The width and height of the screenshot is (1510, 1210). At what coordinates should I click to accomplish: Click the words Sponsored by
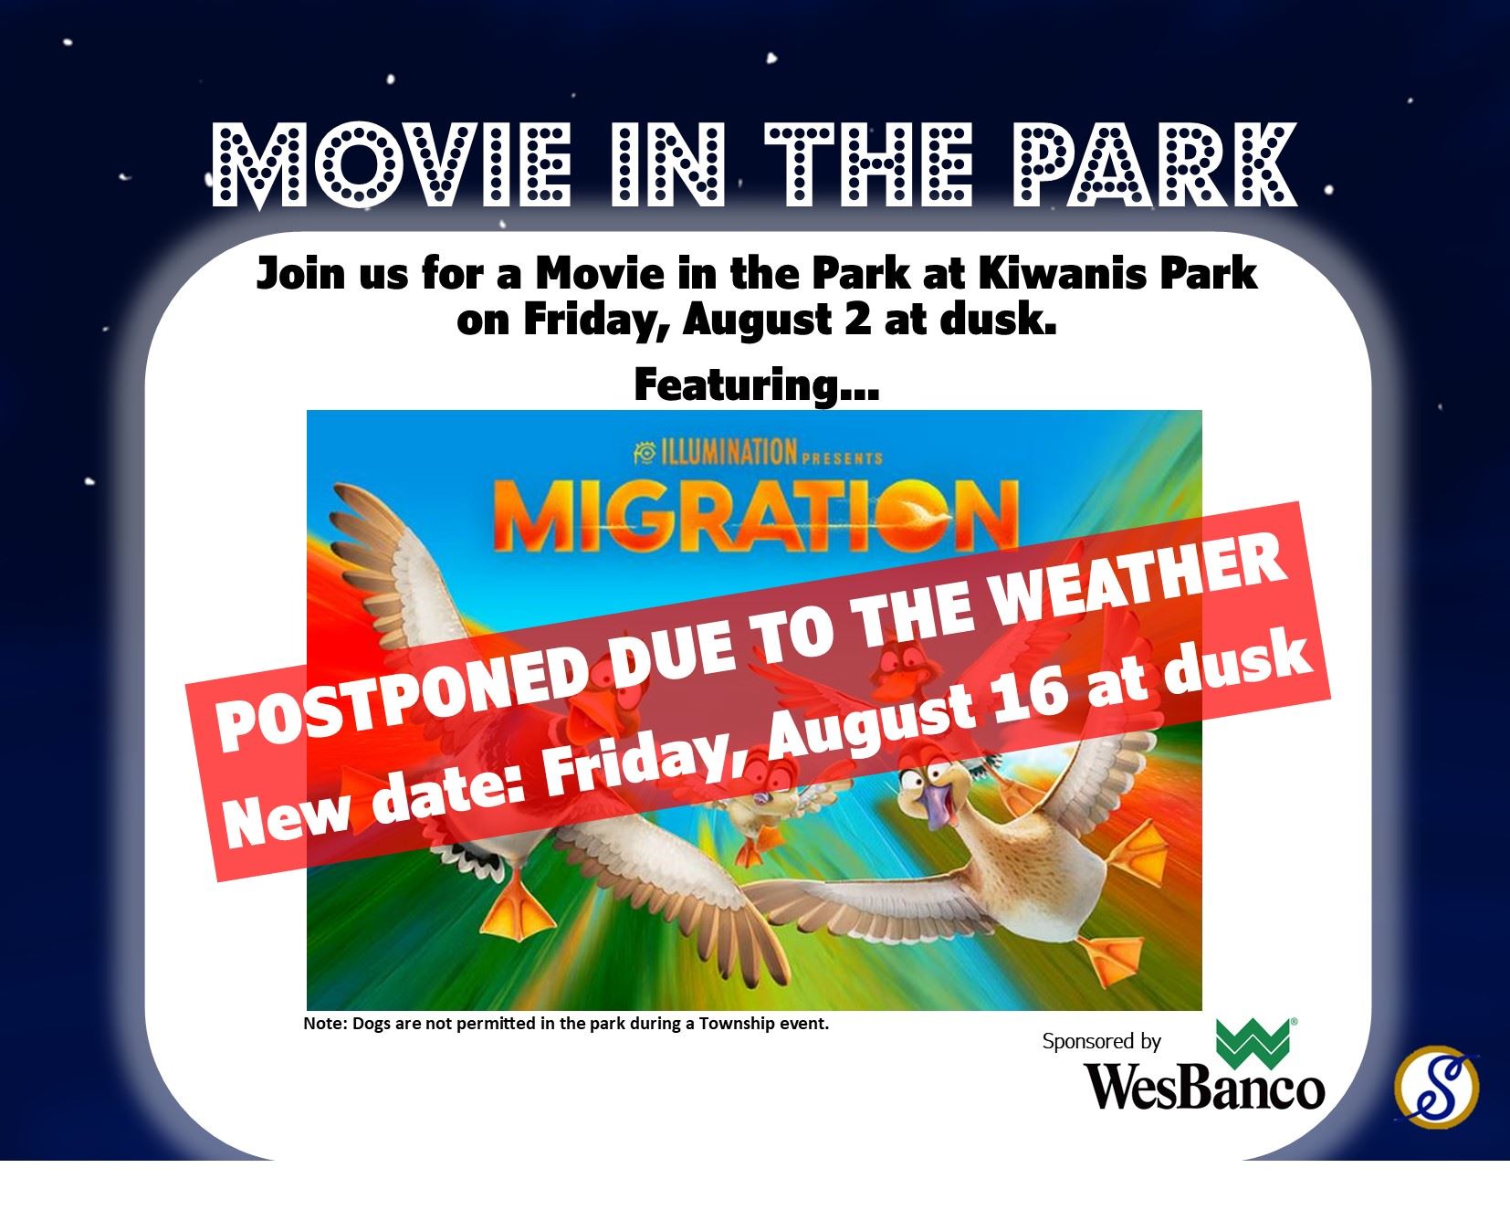pyautogui.click(x=1101, y=1041)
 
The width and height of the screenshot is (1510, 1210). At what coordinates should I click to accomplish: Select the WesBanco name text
pyautogui.click(x=1203, y=1087)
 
